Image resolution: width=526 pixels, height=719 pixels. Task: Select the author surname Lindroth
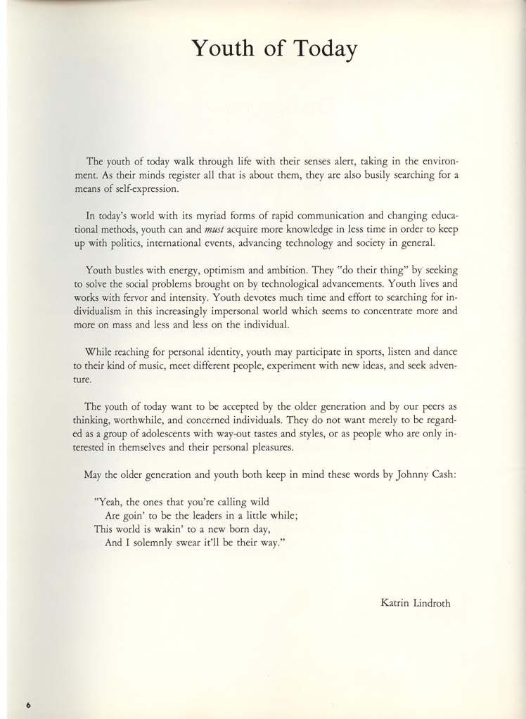(x=429, y=602)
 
